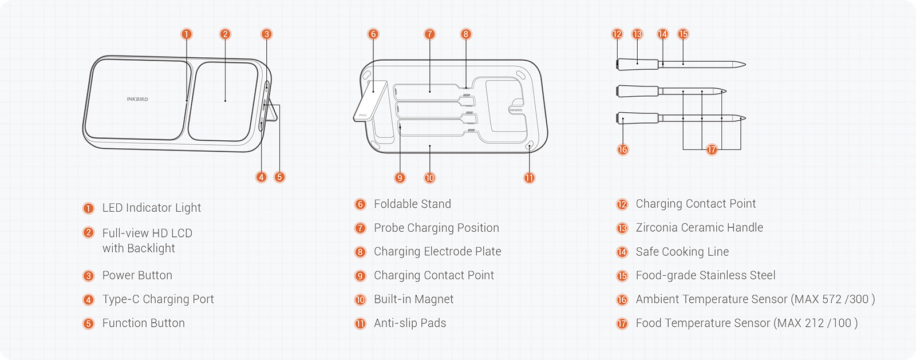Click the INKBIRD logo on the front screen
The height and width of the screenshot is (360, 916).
point(137,99)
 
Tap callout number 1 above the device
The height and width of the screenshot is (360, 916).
point(186,34)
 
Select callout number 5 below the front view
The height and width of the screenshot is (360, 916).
point(279,177)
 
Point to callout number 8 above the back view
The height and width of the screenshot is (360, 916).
point(466,34)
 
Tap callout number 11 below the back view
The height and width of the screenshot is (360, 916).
point(530,177)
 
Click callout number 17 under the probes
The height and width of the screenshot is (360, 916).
point(712,149)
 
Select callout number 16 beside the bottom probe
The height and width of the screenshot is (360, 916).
point(623,149)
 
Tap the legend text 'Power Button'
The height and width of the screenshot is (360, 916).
point(137,275)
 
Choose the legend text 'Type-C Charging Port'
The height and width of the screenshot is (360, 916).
point(158,299)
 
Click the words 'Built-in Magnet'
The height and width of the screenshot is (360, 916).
point(413,299)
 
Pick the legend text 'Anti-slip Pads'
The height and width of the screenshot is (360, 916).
point(410,323)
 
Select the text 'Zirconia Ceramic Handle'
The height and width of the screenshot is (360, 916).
point(699,228)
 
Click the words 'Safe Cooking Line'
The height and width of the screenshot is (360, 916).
point(682,252)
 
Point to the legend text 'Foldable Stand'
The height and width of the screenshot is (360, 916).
point(412,204)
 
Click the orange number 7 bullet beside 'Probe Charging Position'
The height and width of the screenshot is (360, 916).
point(360,228)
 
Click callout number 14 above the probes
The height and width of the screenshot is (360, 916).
point(662,34)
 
